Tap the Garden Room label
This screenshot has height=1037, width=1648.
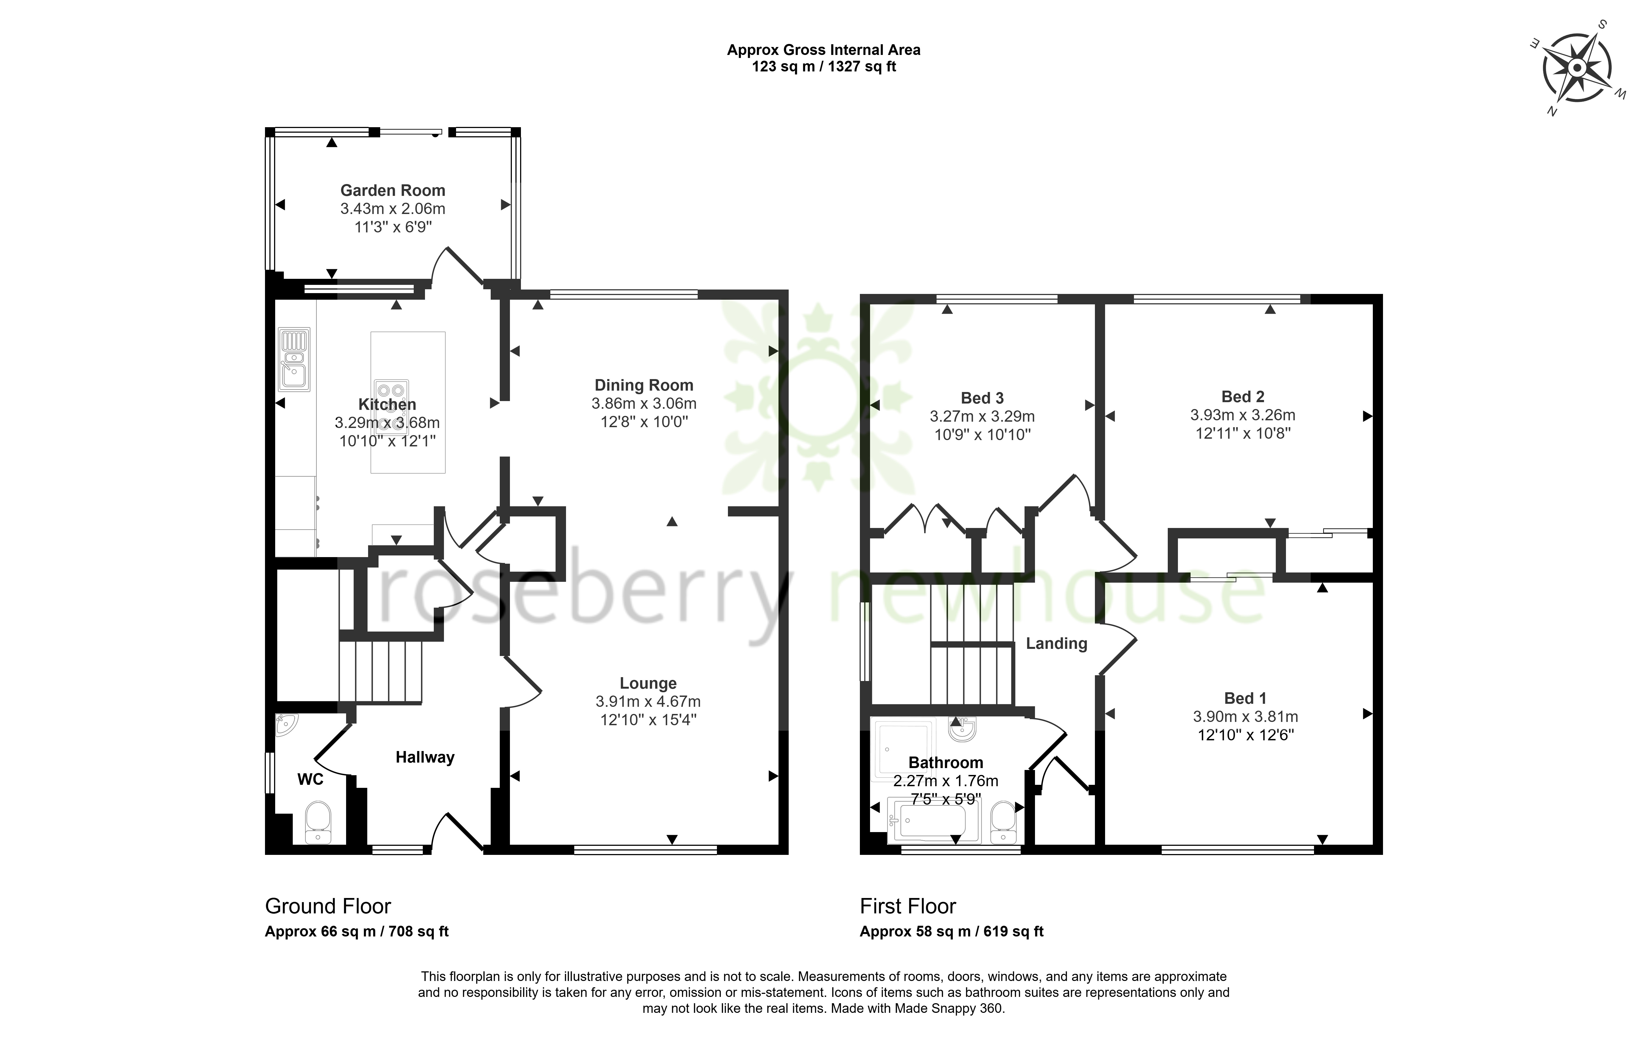click(x=393, y=190)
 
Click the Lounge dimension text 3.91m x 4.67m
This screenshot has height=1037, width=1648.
click(x=648, y=701)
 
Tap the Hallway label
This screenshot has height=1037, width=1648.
click(x=425, y=757)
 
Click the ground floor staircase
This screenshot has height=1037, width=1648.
click(x=380, y=672)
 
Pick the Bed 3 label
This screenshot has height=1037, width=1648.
click(x=982, y=398)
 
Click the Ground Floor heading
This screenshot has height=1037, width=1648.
click(x=328, y=906)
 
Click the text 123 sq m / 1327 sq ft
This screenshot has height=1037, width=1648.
click(x=824, y=66)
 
